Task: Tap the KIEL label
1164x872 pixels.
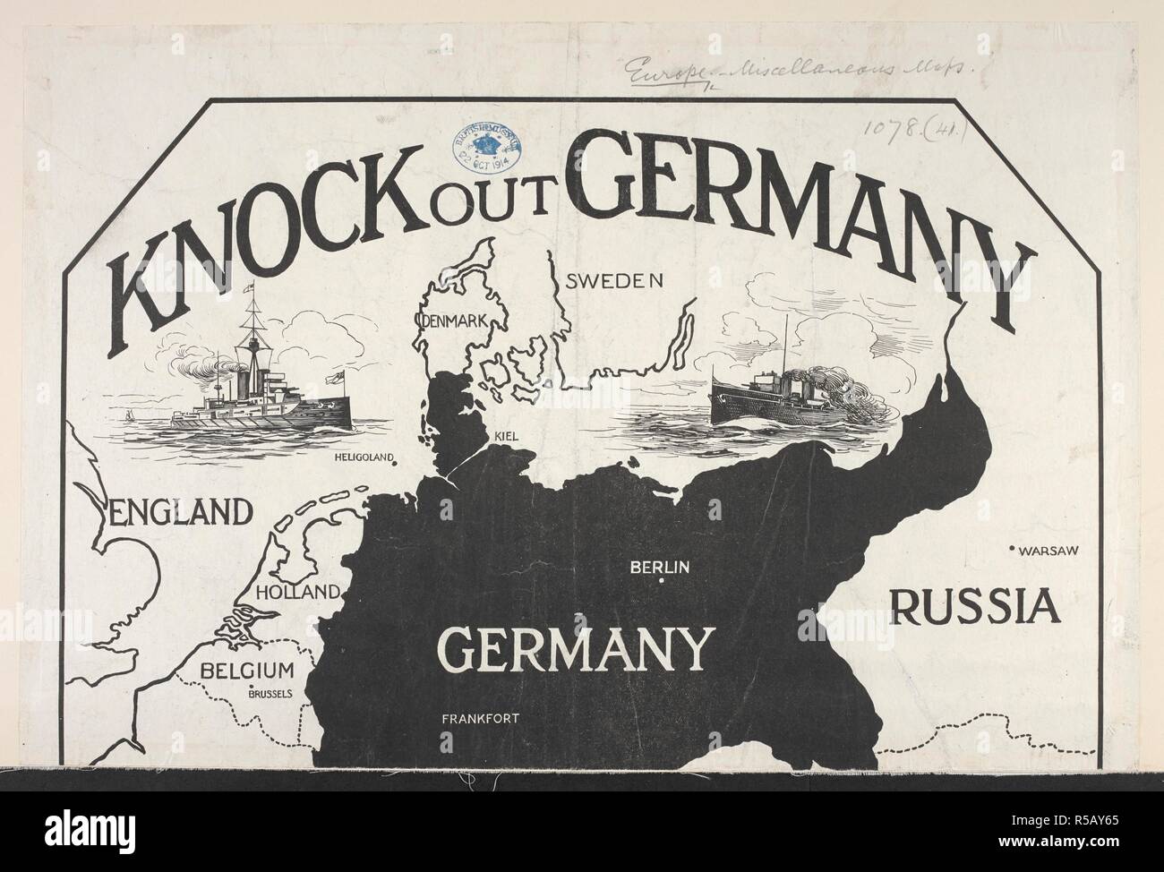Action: pyautogui.click(x=506, y=436)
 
